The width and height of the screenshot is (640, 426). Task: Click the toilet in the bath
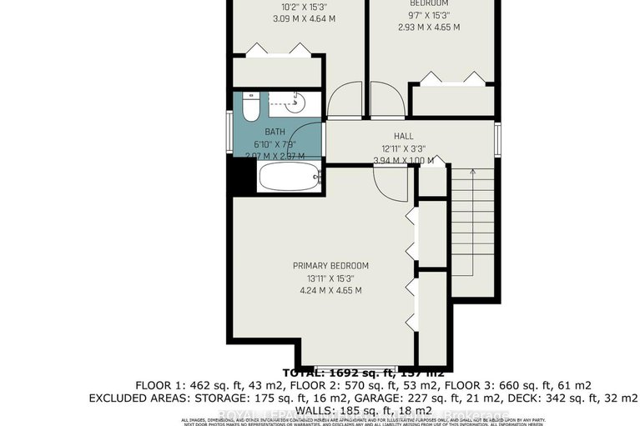[x=249, y=107]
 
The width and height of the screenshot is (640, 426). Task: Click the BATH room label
[x=275, y=132]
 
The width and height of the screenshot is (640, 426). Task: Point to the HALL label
[x=403, y=137]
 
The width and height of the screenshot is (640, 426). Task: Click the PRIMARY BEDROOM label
[x=330, y=266]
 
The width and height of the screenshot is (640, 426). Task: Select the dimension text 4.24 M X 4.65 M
[x=330, y=291]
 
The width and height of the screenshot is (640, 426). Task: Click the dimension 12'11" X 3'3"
[x=403, y=148]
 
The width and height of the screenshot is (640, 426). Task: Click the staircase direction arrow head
[x=472, y=171]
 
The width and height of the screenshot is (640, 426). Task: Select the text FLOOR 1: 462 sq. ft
[x=181, y=385]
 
